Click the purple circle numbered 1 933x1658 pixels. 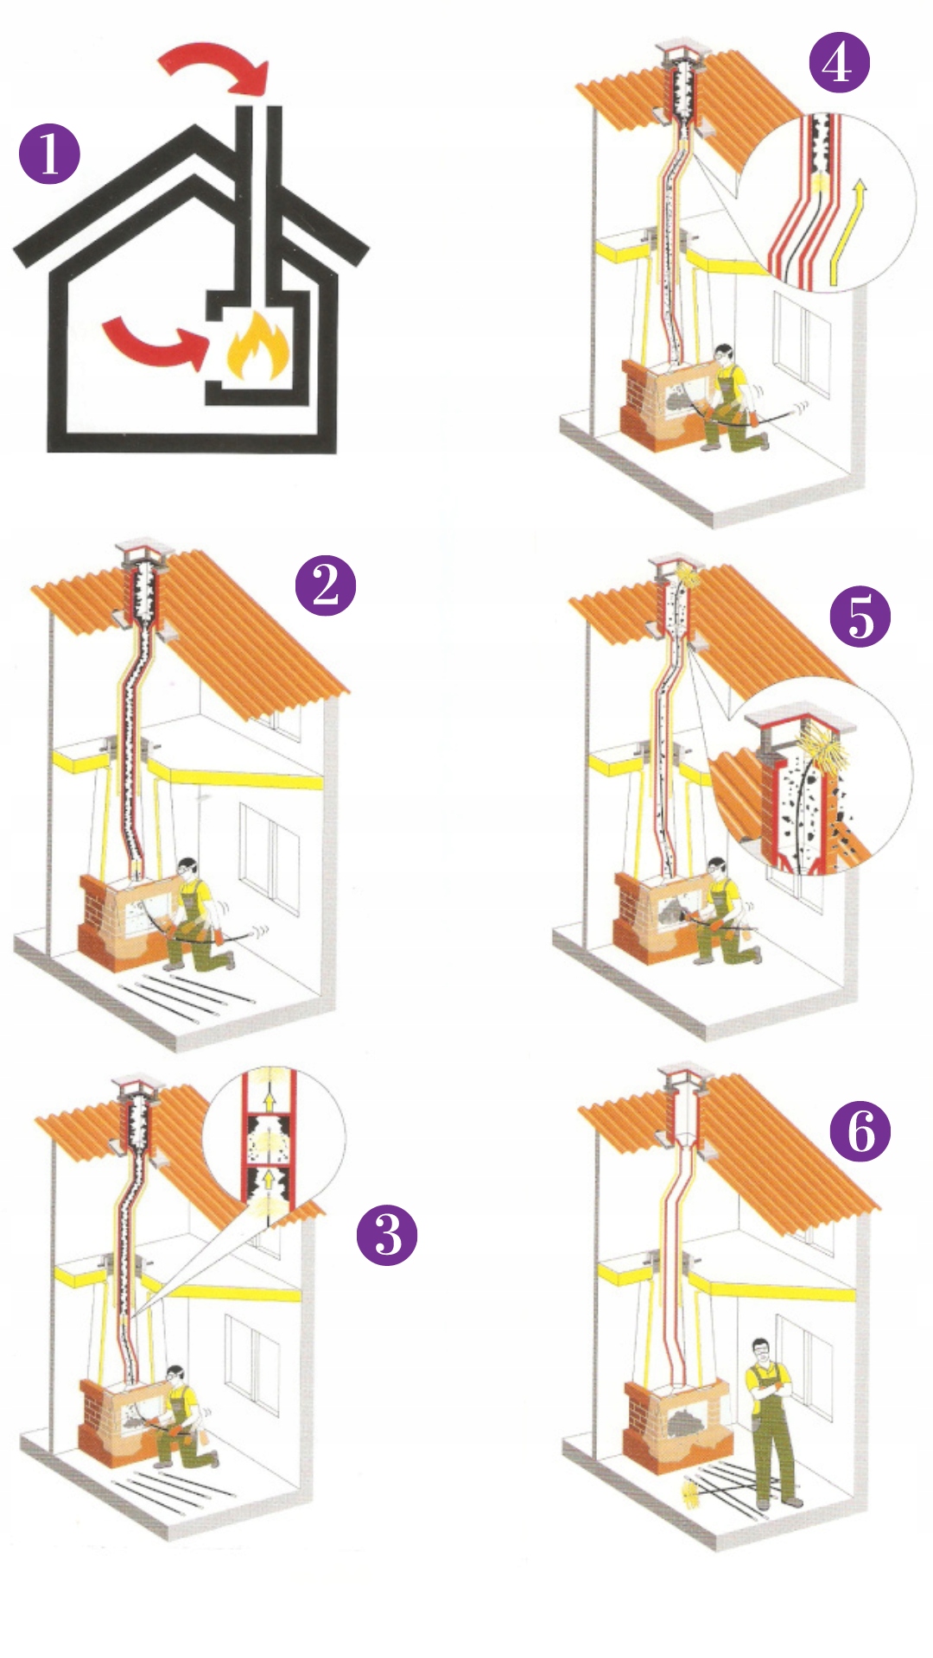click(x=49, y=155)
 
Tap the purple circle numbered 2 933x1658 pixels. click(x=326, y=585)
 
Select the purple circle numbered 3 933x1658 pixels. click(x=387, y=1235)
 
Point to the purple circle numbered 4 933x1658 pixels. click(x=839, y=62)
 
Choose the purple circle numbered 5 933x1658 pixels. click(x=860, y=617)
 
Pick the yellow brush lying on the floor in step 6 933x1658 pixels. click(x=693, y=1491)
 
